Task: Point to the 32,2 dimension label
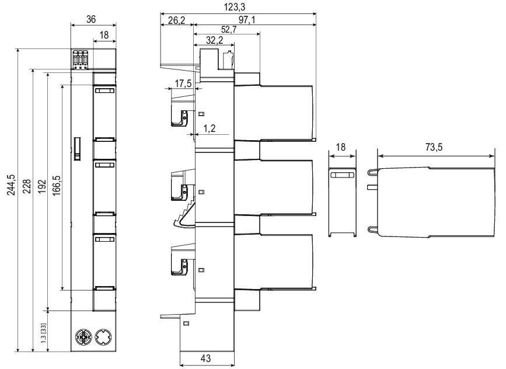[215, 40]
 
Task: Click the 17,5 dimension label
[183, 84]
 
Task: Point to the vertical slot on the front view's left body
[76, 148]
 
